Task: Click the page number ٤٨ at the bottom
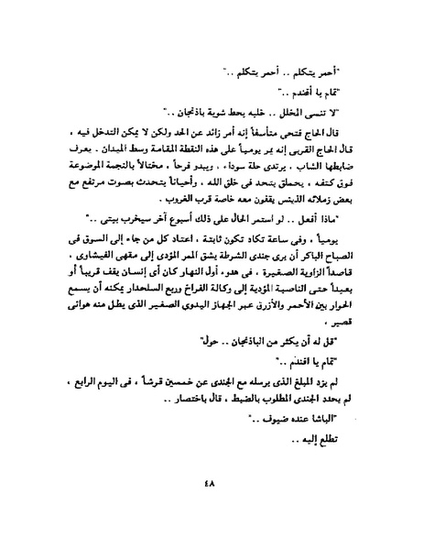pyautogui.click(x=212, y=509)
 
